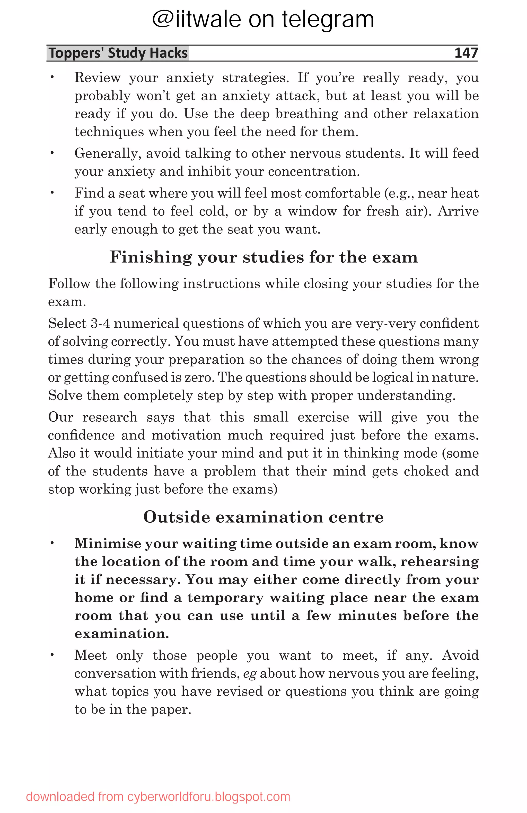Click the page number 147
pyautogui.click(x=465, y=53)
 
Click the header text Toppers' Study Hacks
pyautogui.click(x=118, y=53)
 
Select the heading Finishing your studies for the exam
pyautogui.click(x=263, y=257)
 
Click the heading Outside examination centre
pyautogui.click(x=263, y=517)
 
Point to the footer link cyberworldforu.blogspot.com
pyautogui.click(x=209, y=797)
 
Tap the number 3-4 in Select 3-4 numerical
pyautogui.click(x=100, y=323)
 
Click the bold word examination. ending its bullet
pyautogui.click(x=122, y=634)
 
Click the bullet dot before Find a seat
pyautogui.click(x=52, y=193)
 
